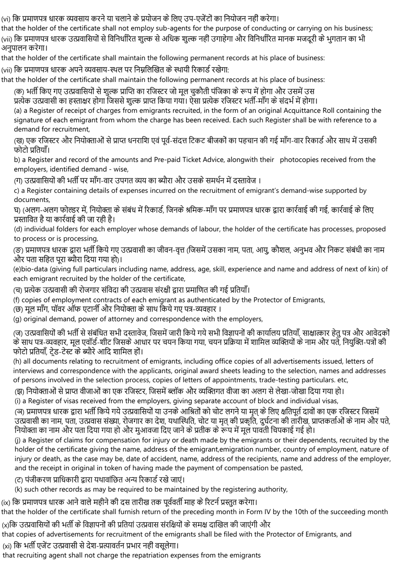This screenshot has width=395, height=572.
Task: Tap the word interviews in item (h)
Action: click(30, 371)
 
